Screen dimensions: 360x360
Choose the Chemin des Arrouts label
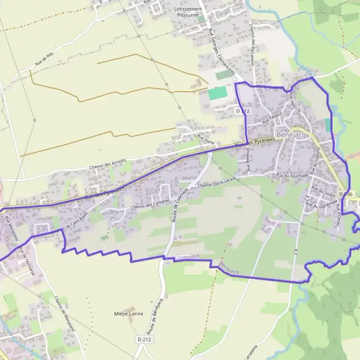(108, 162)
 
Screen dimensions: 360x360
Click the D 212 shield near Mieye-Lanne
(143, 339)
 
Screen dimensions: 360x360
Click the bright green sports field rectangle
(218, 93)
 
